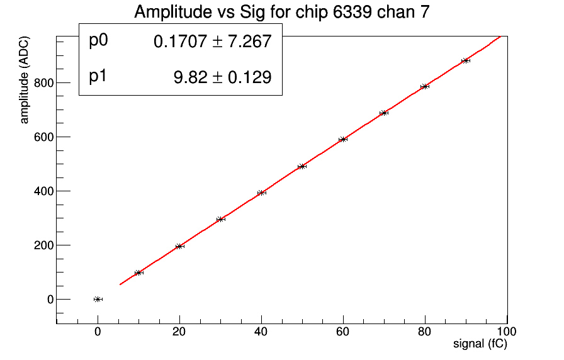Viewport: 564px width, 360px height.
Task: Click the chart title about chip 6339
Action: (282, 13)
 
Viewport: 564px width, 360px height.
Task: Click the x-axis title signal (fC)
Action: (480, 344)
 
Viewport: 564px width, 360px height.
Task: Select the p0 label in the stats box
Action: (99, 41)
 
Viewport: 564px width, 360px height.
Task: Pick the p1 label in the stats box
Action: (99, 77)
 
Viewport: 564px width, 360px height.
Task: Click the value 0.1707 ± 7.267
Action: (212, 42)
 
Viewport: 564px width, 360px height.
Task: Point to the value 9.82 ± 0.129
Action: (222, 77)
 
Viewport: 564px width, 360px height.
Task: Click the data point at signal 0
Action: (98, 299)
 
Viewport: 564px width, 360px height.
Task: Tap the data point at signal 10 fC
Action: (138, 273)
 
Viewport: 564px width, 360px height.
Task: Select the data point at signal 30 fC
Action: (220, 219)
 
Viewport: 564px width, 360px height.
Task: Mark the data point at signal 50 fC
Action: (302, 166)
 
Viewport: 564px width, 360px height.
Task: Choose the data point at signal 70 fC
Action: (384, 113)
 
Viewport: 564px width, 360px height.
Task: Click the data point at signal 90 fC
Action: (466, 60)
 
